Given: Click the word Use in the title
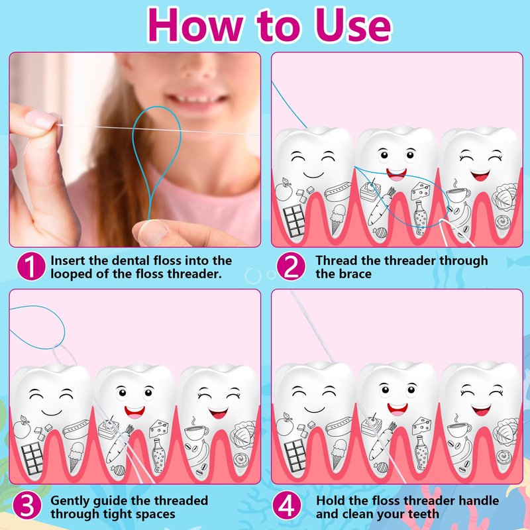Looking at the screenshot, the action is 352,26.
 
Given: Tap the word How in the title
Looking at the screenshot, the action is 195,26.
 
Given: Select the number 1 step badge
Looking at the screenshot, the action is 31,266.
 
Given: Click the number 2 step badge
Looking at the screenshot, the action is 291,266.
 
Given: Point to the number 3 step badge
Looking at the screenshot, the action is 27,505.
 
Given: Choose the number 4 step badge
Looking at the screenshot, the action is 287,505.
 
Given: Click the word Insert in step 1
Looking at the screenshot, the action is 68,260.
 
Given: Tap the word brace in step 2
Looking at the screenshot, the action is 356,274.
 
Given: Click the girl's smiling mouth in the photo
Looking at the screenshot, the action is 196,97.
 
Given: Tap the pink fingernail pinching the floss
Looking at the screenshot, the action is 42,120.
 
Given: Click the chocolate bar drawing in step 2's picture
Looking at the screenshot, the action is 294,221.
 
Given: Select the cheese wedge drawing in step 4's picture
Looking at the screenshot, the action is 421,427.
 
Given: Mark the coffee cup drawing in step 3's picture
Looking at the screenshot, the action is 196,431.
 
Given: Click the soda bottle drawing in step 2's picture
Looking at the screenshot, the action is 420,218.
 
